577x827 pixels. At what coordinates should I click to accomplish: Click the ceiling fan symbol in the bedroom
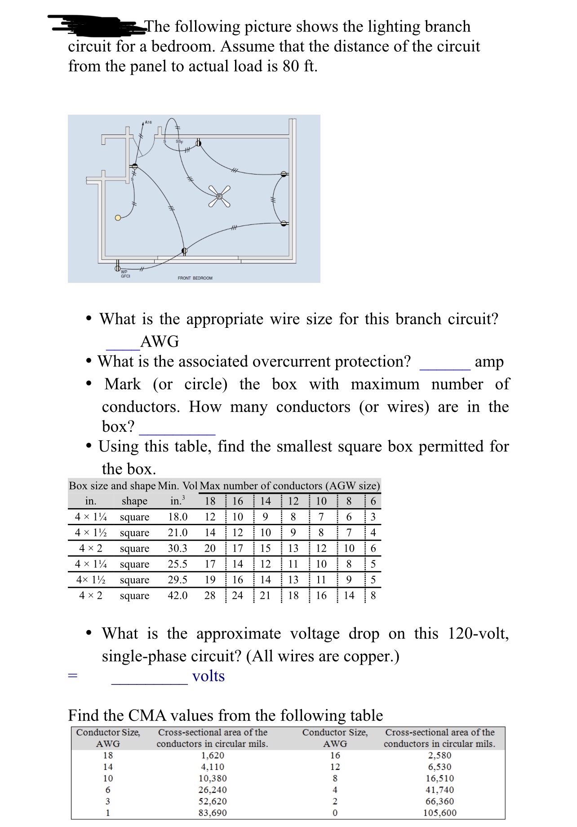pyautogui.click(x=219, y=197)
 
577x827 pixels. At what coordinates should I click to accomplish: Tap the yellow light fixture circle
pyautogui.click(x=118, y=218)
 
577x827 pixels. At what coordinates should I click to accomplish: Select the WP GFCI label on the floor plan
pyautogui.click(x=125, y=274)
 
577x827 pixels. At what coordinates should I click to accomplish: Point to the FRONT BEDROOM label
pyautogui.click(x=195, y=278)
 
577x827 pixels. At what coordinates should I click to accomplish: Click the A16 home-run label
pyautogui.click(x=148, y=122)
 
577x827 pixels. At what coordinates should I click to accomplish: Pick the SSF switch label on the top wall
pyautogui.click(x=178, y=141)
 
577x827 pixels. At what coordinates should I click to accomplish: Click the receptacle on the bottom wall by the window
pyautogui.click(x=184, y=250)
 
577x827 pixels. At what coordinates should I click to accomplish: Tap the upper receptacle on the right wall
pyautogui.click(x=284, y=174)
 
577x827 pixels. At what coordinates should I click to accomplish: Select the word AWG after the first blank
pyautogui.click(x=160, y=342)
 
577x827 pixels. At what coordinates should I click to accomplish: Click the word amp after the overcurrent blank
pyautogui.click(x=489, y=362)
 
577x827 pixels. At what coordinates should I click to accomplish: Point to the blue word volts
pyautogui.click(x=209, y=676)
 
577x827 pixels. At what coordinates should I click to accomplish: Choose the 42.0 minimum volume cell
pyautogui.click(x=178, y=595)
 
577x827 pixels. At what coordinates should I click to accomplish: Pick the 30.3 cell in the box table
pyautogui.click(x=178, y=548)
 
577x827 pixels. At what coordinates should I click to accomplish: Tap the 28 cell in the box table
pyautogui.click(x=210, y=595)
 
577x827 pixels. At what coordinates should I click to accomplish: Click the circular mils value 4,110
pyautogui.click(x=213, y=767)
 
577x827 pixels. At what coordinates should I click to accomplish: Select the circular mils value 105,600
pyautogui.click(x=439, y=813)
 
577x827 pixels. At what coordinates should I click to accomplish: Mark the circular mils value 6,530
pyautogui.click(x=439, y=767)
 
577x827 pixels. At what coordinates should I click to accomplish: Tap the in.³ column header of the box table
pyautogui.click(x=178, y=501)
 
